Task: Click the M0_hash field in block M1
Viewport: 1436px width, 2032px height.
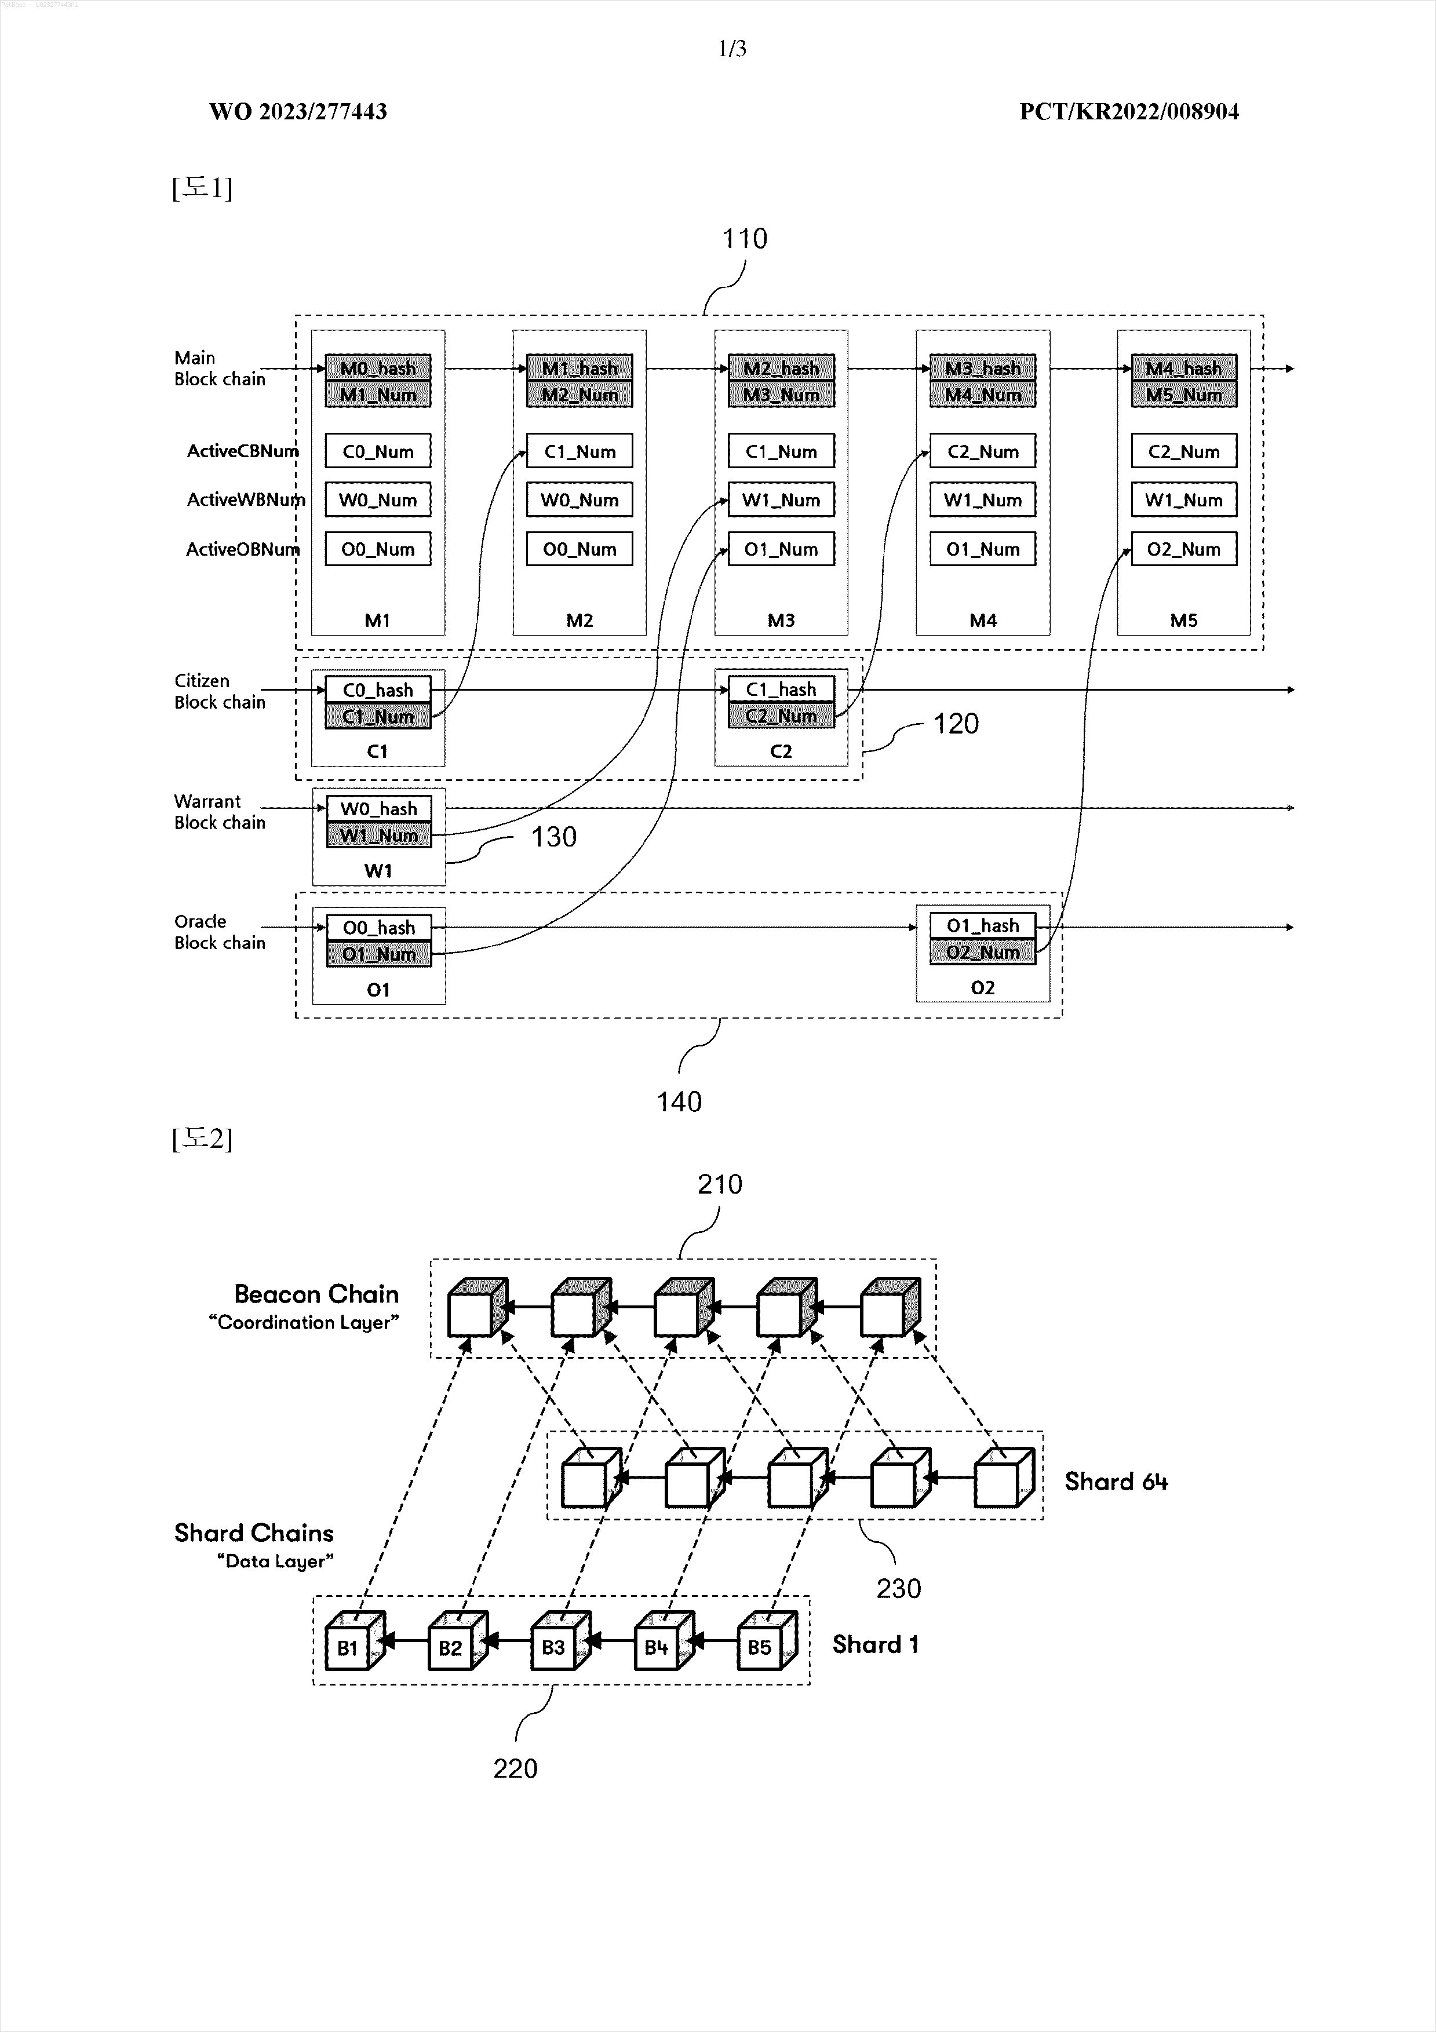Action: (x=378, y=368)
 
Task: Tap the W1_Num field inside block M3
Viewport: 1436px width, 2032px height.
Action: (x=781, y=500)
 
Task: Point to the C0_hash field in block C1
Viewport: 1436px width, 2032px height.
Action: (x=378, y=690)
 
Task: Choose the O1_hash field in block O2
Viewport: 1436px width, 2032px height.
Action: (x=983, y=926)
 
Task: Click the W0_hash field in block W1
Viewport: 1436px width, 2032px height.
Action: (x=379, y=809)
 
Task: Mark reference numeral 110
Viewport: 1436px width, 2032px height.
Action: (x=745, y=239)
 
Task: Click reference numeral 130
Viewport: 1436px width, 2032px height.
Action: (x=553, y=837)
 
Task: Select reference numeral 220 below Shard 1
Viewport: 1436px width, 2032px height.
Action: (x=515, y=1768)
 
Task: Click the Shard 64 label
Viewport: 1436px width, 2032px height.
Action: (x=1116, y=1482)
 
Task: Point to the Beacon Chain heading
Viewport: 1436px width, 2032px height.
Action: (x=316, y=1294)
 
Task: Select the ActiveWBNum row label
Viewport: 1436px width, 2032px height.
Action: (x=245, y=500)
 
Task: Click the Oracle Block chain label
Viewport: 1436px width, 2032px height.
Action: (x=220, y=932)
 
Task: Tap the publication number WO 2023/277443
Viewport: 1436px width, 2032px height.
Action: (x=298, y=111)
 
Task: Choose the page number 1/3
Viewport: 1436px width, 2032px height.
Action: (x=732, y=49)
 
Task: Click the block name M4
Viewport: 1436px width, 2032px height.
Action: (x=983, y=621)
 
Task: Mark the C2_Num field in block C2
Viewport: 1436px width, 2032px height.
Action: (x=781, y=716)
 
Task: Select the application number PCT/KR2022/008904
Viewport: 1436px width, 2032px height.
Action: (x=1129, y=111)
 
